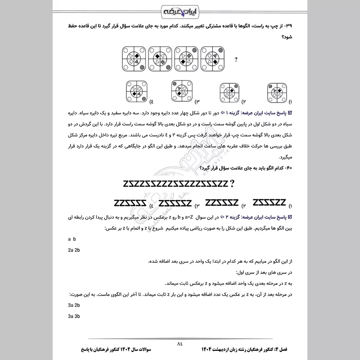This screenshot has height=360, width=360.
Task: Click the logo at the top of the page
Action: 180,10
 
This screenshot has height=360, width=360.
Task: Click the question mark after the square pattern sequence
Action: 236,59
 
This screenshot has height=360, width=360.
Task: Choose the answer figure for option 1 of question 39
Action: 277,93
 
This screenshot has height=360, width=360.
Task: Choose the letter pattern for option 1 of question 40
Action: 270,201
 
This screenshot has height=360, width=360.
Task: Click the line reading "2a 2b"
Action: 74,250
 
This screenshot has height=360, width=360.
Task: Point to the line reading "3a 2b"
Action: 74,305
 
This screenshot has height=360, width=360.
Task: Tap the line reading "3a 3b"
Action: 74,316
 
